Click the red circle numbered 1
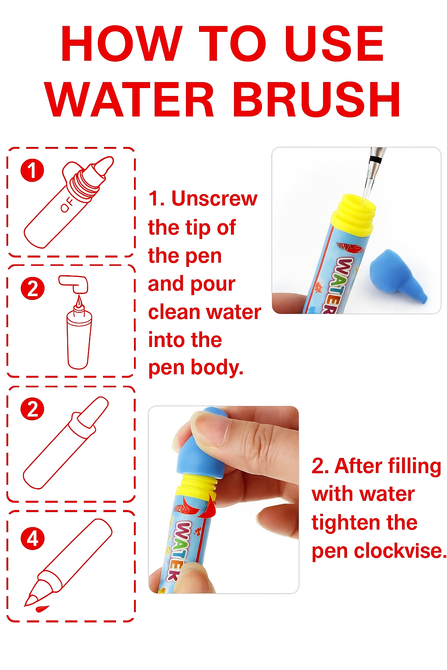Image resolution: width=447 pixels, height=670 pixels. tap(32, 170)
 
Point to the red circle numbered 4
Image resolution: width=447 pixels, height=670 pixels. tap(33, 538)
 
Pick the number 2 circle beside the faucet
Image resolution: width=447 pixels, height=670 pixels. tap(32, 288)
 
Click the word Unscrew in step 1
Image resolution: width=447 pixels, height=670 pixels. tap(214, 198)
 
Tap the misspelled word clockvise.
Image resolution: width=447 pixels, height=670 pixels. tap(400, 550)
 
